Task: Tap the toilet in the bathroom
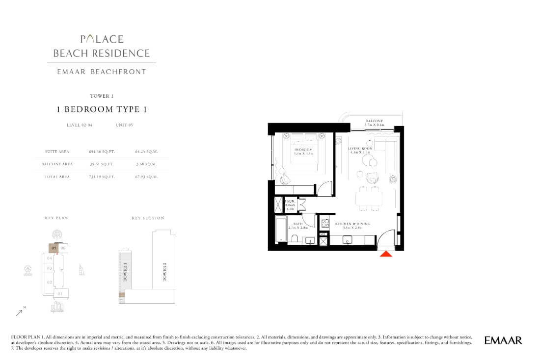click(295, 239)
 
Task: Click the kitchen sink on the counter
click(347, 240)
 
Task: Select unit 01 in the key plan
click(60, 294)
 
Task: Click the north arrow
click(20, 311)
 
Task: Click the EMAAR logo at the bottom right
click(503, 340)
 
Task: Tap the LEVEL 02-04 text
click(80, 126)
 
